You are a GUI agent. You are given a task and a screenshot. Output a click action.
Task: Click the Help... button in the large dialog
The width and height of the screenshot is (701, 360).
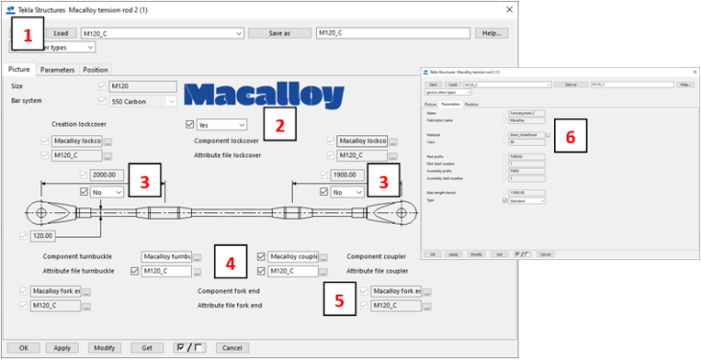coord(492,33)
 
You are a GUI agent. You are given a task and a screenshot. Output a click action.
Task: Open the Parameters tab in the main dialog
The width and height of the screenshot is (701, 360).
coord(58,70)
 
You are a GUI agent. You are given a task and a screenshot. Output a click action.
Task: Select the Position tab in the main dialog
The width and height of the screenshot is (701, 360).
coord(95,70)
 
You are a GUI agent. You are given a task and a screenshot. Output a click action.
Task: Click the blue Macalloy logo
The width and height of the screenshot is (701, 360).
coord(263,95)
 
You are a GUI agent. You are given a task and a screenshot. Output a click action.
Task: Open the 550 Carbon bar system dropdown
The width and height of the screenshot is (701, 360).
coord(144,101)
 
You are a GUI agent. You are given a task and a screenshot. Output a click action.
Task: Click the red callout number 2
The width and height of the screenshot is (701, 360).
coord(279,124)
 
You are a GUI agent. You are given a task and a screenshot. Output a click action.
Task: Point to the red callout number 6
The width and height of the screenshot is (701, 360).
coord(569,136)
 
